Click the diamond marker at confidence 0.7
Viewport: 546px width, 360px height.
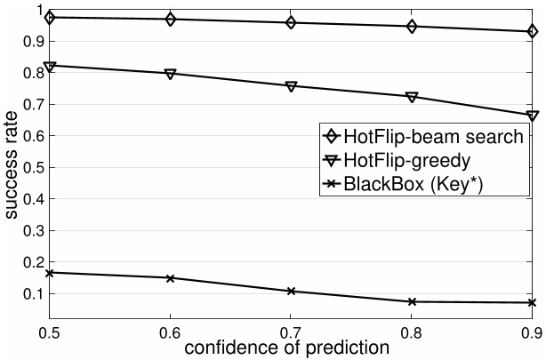(291, 22)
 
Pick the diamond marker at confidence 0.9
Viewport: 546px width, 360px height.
(532, 32)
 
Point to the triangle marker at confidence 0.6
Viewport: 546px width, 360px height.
(170, 73)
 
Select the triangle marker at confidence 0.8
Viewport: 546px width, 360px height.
(412, 97)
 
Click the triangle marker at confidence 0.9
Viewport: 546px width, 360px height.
(532, 116)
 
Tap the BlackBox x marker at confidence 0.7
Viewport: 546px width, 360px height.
(291, 291)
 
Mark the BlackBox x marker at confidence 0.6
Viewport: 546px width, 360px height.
(170, 277)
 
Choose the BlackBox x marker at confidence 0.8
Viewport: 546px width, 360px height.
(412, 301)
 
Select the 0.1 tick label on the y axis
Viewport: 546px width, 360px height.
(32, 293)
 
